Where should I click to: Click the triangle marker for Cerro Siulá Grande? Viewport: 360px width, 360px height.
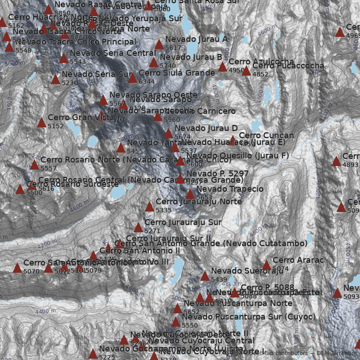(x=132, y=78)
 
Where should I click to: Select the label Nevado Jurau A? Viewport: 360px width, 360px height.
(x=196, y=40)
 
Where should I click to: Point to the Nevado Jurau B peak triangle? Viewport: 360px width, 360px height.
(x=153, y=63)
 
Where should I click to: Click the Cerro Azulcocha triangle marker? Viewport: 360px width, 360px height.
(x=222, y=67)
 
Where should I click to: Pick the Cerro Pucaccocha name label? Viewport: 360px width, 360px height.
(x=288, y=66)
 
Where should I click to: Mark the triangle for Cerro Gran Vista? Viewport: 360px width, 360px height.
(x=41, y=123)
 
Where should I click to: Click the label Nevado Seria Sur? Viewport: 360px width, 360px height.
(x=97, y=74)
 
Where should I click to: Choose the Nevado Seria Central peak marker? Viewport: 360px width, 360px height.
(x=63, y=58)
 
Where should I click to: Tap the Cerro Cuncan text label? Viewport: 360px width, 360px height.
(x=266, y=135)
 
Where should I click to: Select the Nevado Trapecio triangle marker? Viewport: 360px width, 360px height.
(x=190, y=194)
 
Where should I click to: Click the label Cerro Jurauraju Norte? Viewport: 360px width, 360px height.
(x=198, y=202)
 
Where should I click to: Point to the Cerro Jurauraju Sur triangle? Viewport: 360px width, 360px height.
(x=138, y=228)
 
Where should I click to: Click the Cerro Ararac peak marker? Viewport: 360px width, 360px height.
(x=266, y=265)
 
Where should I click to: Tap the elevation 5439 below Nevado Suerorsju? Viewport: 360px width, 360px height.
(x=219, y=279)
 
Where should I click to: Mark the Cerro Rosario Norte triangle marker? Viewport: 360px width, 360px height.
(x=34, y=165)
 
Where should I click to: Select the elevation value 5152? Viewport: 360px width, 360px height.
(x=56, y=126)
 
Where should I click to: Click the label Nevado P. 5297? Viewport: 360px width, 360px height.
(x=217, y=174)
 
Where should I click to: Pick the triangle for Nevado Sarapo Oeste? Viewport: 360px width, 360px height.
(x=103, y=100)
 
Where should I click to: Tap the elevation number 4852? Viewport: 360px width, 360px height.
(x=261, y=75)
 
